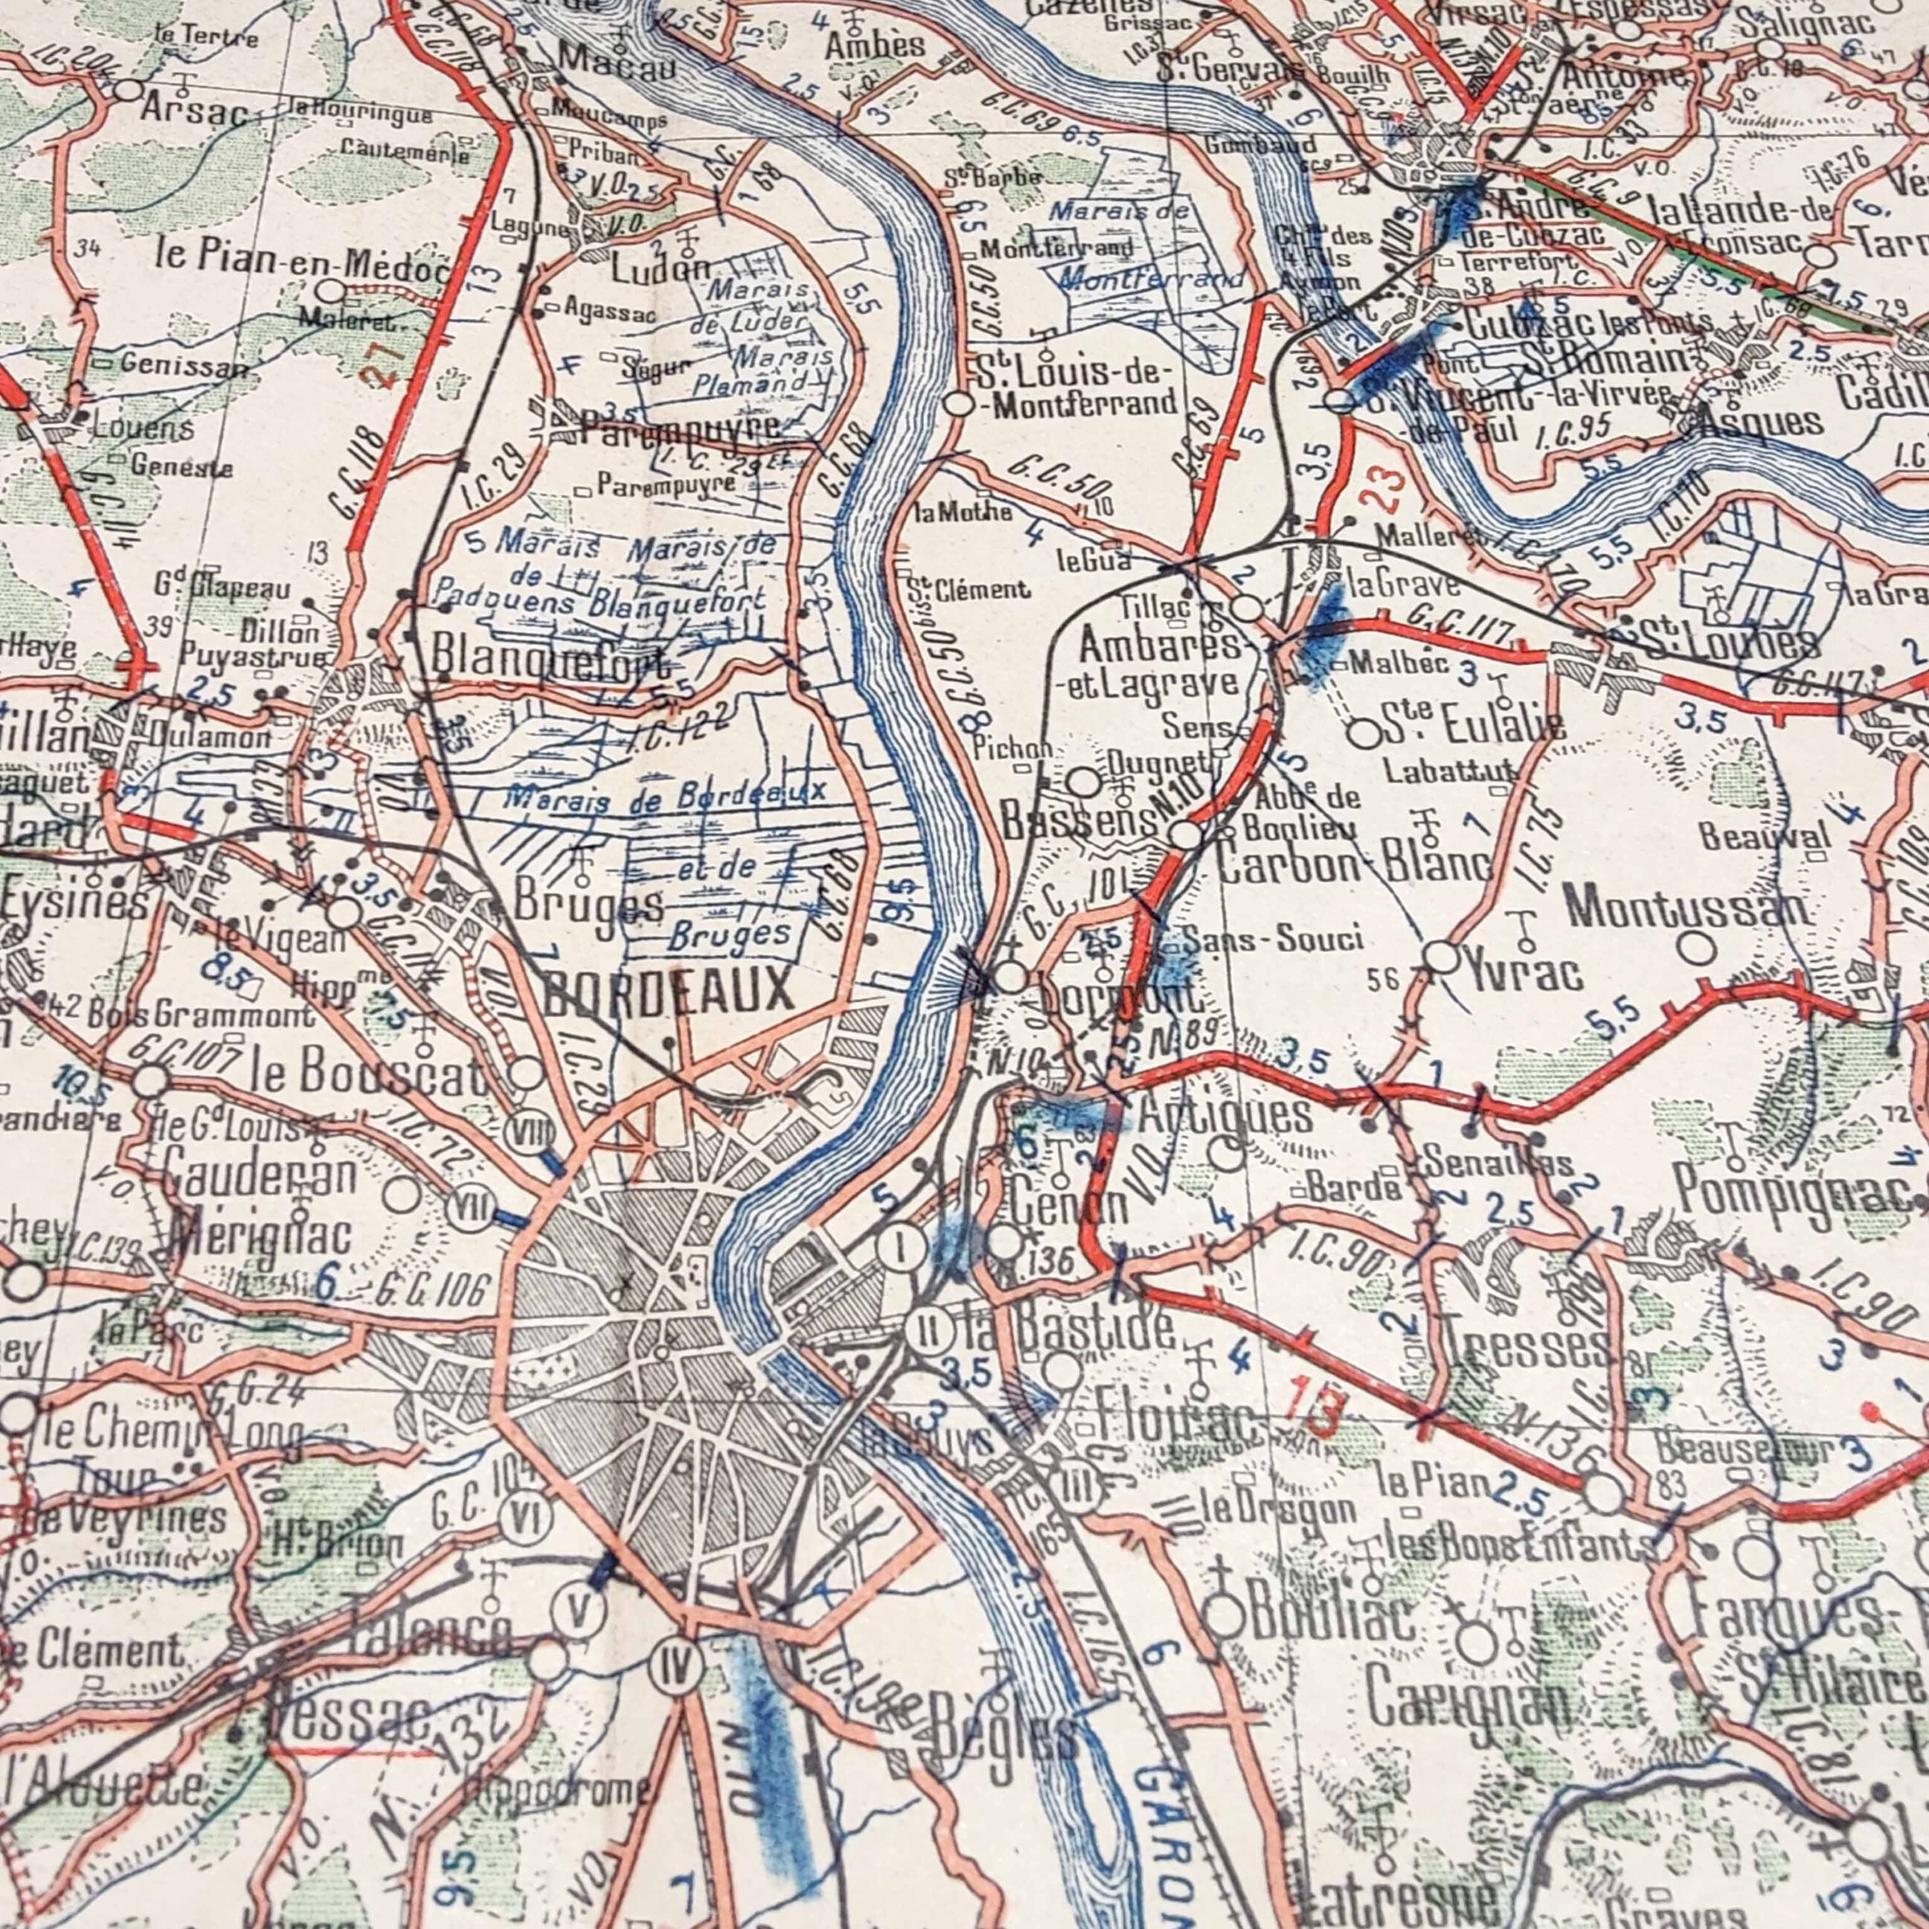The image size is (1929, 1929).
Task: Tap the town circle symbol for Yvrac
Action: [x=1440, y=958]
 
